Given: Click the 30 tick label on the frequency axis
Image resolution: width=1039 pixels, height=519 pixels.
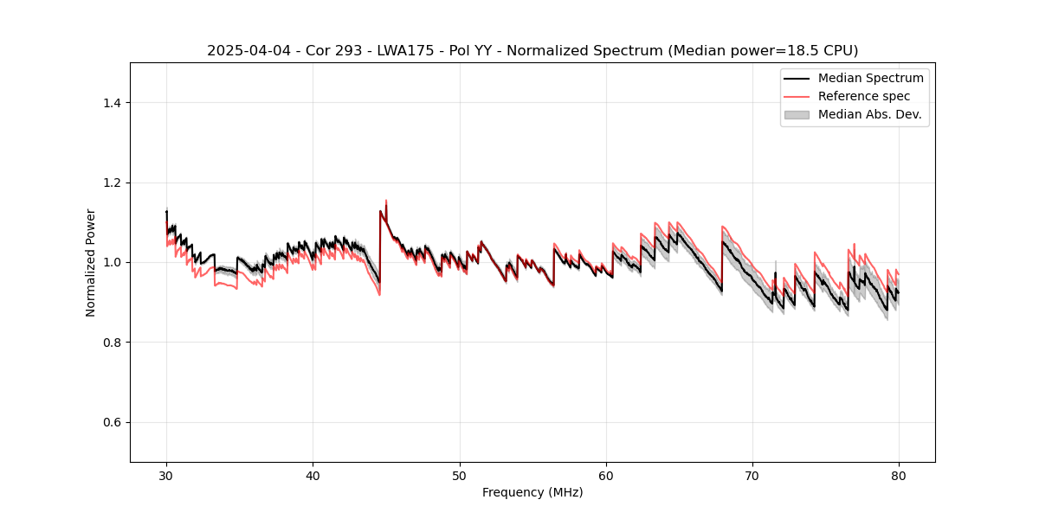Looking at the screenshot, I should (x=166, y=475).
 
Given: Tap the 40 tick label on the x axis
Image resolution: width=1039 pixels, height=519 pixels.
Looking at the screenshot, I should (x=313, y=475).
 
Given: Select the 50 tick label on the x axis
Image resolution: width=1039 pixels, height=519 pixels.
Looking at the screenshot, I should (x=460, y=475).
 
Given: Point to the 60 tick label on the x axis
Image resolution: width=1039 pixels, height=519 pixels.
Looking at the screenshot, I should (x=606, y=475).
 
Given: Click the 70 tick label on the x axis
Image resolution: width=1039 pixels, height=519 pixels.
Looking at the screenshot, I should (x=752, y=475).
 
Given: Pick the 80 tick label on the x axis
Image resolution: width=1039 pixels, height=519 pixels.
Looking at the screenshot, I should (x=899, y=475).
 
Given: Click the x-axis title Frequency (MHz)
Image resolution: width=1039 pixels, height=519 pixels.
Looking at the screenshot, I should (x=532, y=492).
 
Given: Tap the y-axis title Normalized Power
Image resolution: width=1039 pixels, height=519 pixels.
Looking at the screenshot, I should (x=91, y=262).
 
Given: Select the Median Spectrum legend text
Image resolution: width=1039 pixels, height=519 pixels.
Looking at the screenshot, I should (x=870, y=78).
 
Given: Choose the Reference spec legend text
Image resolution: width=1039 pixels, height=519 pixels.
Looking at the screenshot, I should (x=864, y=96).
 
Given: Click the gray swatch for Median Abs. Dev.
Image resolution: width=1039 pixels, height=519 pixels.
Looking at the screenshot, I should (x=797, y=114).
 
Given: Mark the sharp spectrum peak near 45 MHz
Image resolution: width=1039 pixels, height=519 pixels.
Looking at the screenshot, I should (x=385, y=202).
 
